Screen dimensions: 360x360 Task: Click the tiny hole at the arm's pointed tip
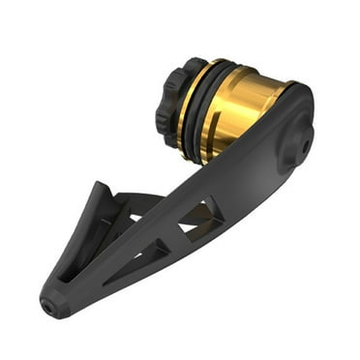47,301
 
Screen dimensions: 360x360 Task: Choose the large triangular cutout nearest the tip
145,259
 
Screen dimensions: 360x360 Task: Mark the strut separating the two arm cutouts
173,237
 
